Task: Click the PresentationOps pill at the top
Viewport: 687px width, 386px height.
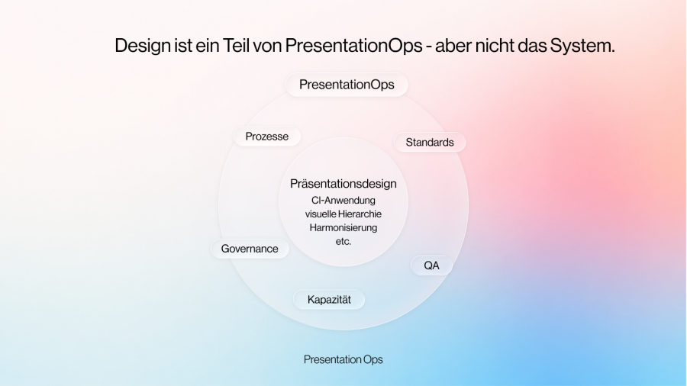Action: point(347,85)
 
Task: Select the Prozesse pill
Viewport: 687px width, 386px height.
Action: point(267,137)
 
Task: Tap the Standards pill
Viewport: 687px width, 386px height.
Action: point(429,142)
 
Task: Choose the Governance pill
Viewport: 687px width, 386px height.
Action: point(250,249)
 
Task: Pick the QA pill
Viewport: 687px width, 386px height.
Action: point(431,265)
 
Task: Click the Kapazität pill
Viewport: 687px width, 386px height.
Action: point(329,300)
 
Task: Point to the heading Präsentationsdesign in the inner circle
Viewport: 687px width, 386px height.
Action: point(343,184)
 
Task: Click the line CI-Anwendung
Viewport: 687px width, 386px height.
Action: point(343,201)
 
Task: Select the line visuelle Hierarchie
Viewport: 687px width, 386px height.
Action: point(343,214)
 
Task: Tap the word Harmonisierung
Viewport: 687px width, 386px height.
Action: point(343,227)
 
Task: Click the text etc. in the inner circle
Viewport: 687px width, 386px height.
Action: point(343,241)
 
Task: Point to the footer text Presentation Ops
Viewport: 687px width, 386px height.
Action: point(343,359)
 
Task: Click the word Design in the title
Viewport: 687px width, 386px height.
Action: point(143,46)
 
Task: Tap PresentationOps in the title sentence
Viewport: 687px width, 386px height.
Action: point(353,46)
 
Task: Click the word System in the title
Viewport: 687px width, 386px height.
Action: point(582,46)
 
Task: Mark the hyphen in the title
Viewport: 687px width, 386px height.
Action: point(429,47)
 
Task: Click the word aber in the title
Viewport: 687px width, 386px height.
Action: point(453,45)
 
